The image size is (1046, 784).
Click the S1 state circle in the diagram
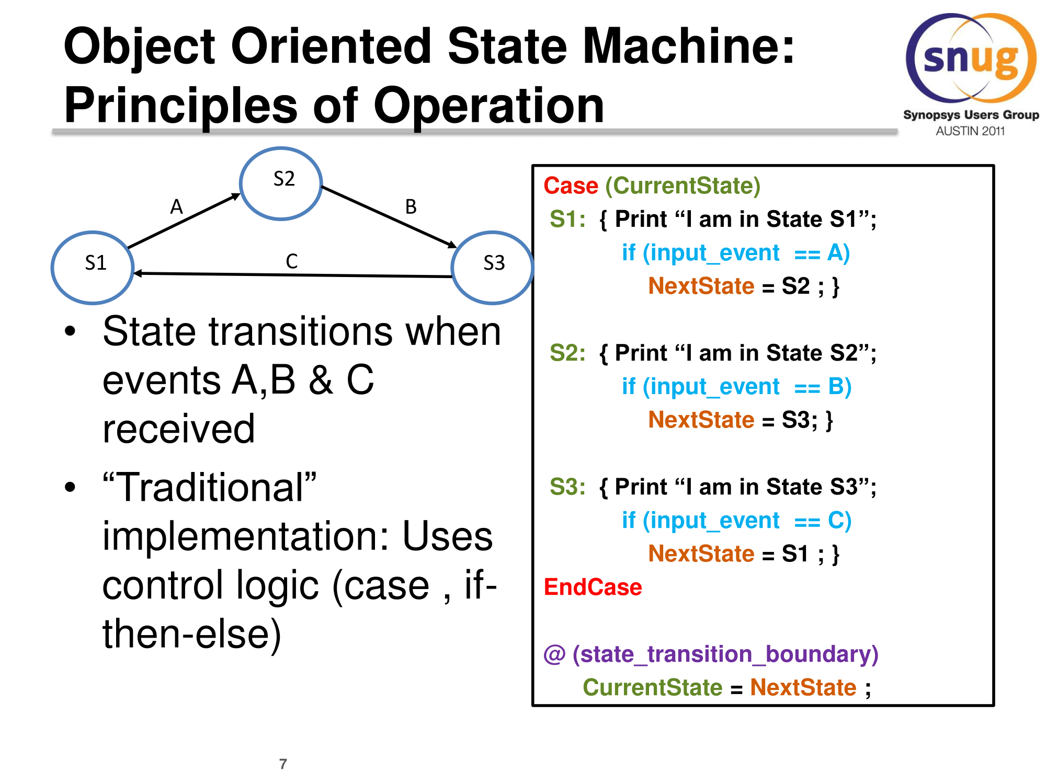coord(93,267)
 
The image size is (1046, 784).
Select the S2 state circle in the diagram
coord(281,183)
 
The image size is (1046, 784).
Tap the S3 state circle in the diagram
coord(492,267)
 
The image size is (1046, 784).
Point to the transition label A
coord(177,207)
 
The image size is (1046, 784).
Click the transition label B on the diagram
coord(411,207)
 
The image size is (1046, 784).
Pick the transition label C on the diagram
coord(292,261)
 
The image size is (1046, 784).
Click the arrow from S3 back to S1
coord(293,275)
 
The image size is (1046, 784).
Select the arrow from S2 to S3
coord(390,216)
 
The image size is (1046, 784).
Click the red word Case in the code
coord(571,186)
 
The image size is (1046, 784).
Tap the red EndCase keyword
coord(593,587)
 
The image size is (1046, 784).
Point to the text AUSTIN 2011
coord(970,131)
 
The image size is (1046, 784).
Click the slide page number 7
coord(283,764)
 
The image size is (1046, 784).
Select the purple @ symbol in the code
coord(554,654)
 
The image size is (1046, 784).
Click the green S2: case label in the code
coord(567,353)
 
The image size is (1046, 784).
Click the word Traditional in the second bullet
coord(210,488)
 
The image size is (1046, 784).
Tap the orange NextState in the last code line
coord(803,688)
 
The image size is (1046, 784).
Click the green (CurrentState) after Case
coord(683,186)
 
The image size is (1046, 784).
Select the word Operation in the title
coord(489,106)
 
